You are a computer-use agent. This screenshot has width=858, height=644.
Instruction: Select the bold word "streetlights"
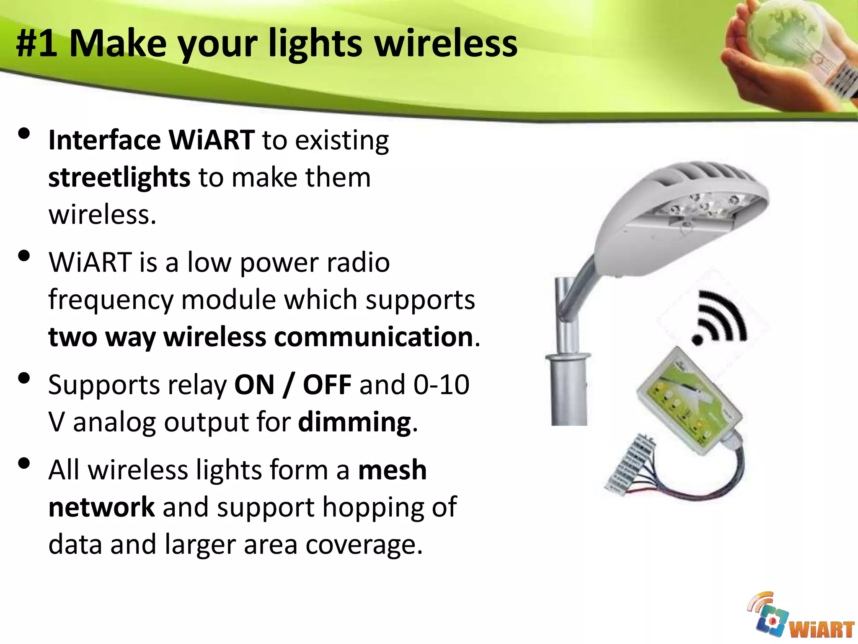point(119,177)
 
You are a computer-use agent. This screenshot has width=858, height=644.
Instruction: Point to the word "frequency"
point(111,300)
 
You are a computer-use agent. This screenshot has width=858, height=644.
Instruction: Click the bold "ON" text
point(254,384)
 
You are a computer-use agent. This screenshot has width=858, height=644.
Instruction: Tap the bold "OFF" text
point(327,384)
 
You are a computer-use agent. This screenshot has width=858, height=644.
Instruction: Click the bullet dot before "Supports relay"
point(24,378)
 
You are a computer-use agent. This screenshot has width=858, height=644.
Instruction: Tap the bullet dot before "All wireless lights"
point(24,463)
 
